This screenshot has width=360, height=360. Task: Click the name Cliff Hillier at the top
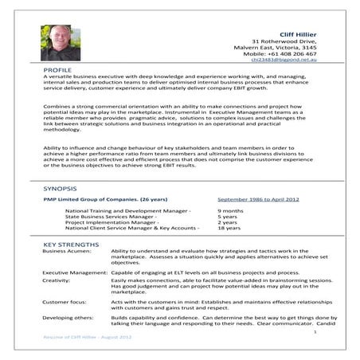coord(294,33)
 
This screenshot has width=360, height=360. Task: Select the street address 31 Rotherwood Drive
coord(284,41)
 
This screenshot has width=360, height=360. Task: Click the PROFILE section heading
coord(57,71)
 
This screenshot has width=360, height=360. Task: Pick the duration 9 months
coord(230,210)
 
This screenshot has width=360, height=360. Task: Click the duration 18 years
coord(229,228)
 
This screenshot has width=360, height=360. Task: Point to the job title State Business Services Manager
coord(111,216)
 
